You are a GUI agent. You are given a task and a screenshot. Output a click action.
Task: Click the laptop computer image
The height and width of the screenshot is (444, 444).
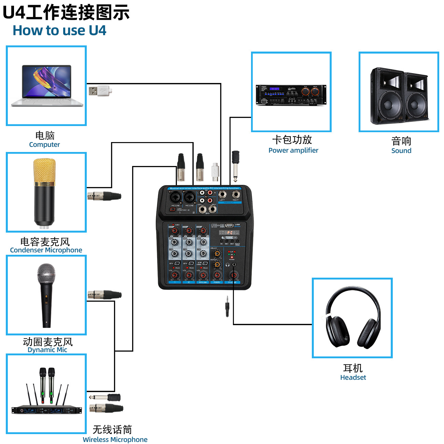47,86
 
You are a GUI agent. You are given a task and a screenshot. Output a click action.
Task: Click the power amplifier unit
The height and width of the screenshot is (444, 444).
291,95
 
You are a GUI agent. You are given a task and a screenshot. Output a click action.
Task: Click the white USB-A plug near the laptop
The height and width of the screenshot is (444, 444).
100,91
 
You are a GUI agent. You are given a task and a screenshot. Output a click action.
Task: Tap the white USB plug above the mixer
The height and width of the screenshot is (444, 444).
214,171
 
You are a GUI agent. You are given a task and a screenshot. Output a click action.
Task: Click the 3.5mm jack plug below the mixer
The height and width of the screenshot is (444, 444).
227,306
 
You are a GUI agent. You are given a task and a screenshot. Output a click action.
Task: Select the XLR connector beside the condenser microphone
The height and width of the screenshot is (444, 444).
104,196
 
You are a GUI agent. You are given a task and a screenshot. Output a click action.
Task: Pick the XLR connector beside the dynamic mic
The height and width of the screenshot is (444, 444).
105,294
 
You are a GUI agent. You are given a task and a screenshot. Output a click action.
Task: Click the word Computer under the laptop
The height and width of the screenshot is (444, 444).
44,144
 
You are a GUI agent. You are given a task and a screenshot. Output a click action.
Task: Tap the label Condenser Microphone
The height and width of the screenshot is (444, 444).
46,250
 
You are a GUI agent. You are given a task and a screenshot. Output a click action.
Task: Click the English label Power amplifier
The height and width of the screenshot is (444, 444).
293,150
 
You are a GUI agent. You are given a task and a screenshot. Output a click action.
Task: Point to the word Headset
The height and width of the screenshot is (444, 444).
353,377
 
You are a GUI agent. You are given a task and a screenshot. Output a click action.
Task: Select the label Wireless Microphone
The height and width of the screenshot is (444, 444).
115,440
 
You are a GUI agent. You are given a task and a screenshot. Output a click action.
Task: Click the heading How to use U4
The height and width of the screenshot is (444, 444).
59,30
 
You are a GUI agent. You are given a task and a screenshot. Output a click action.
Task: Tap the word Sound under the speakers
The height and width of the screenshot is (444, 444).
401,151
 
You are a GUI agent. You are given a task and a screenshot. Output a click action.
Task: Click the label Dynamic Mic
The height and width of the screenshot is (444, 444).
47,350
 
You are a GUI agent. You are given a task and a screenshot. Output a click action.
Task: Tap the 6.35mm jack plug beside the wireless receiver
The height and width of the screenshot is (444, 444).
105,397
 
